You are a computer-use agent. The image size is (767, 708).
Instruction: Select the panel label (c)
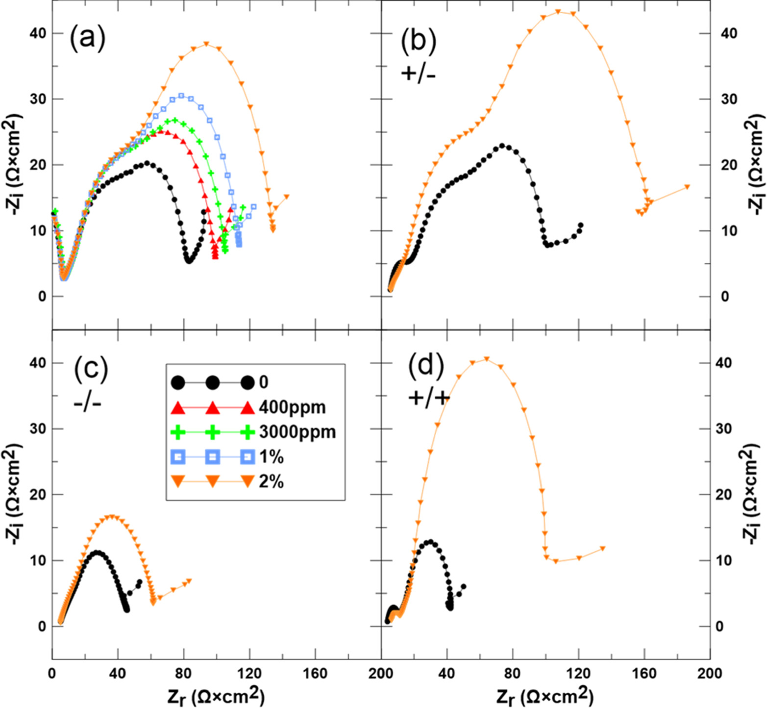tap(91, 369)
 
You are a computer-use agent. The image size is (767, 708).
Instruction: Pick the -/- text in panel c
tap(87, 404)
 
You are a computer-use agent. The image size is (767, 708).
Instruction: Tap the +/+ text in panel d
tap(429, 398)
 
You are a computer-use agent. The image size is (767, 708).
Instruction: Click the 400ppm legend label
tap(292, 407)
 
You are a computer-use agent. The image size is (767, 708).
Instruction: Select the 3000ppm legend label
tap(297, 432)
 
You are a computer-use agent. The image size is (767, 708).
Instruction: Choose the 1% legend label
tap(272, 457)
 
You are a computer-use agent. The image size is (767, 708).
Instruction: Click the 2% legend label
tap(272, 482)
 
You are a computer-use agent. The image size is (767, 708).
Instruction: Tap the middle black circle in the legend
tap(213, 382)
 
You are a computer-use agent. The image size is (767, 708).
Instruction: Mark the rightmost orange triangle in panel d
tap(602, 549)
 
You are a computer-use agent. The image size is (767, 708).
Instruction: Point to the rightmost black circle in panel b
tap(581, 226)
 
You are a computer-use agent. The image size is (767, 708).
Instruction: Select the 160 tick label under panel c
tap(315, 674)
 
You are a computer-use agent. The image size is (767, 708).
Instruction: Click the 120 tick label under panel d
tap(578, 674)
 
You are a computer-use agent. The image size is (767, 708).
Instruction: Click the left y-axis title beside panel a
tap(14, 165)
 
